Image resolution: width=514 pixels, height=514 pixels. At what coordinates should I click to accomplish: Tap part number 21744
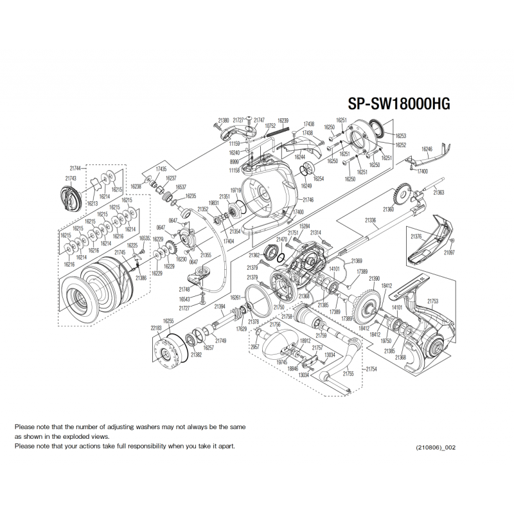click(x=76, y=168)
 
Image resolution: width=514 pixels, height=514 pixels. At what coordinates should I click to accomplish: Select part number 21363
click(x=439, y=192)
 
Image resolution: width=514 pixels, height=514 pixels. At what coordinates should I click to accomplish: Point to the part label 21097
click(x=449, y=253)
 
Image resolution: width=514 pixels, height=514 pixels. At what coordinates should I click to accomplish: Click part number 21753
click(x=432, y=301)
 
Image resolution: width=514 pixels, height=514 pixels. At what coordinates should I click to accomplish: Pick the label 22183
click(x=156, y=328)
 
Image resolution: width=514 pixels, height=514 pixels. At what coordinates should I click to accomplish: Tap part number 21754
click(x=371, y=369)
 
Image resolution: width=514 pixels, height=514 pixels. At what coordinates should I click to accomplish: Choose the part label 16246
click(x=427, y=149)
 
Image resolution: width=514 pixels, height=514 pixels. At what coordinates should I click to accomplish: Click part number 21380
click(x=224, y=120)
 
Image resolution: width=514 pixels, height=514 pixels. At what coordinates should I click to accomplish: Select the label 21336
click(x=371, y=220)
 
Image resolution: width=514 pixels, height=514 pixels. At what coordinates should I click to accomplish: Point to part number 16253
click(x=401, y=136)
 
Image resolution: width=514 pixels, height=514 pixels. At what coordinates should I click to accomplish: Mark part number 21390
click(x=375, y=278)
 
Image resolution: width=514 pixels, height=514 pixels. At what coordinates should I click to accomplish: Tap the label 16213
click(x=93, y=204)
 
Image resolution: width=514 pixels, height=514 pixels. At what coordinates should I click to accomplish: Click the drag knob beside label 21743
click(x=71, y=196)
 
